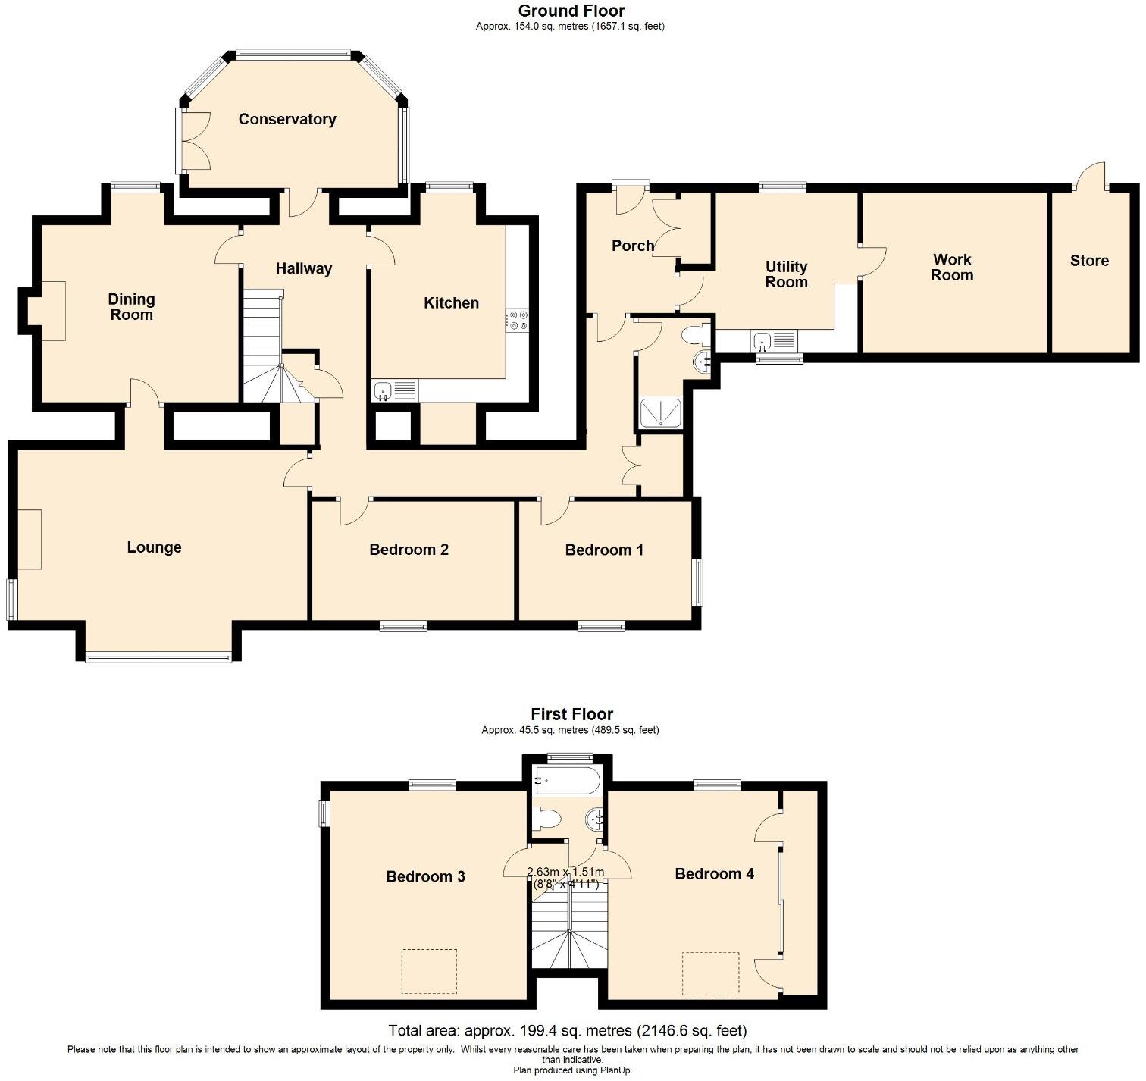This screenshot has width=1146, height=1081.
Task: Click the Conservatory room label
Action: click(x=286, y=119)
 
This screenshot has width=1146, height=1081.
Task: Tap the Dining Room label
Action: click(x=131, y=307)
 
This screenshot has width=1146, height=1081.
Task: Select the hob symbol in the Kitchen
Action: click(x=518, y=320)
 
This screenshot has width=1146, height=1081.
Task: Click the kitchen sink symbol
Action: click(x=394, y=391)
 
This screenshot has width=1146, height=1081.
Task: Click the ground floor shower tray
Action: click(x=661, y=413)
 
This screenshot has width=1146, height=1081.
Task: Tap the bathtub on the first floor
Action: click(x=567, y=779)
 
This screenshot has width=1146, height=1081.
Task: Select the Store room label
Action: click(x=1089, y=261)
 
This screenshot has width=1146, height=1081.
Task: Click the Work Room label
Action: click(x=952, y=268)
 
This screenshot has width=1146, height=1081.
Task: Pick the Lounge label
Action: click(x=154, y=547)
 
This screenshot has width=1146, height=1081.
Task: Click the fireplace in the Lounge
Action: click(x=30, y=539)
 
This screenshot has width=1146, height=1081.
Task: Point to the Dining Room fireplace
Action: click(x=48, y=311)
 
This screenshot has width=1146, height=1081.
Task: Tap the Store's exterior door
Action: click(x=1091, y=177)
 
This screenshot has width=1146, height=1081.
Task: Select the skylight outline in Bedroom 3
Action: click(x=429, y=971)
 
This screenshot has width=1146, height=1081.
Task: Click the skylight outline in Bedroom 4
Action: click(x=710, y=974)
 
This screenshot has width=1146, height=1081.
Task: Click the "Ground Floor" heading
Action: click(x=571, y=11)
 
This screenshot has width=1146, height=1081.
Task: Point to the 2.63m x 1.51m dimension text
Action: click(x=565, y=878)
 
